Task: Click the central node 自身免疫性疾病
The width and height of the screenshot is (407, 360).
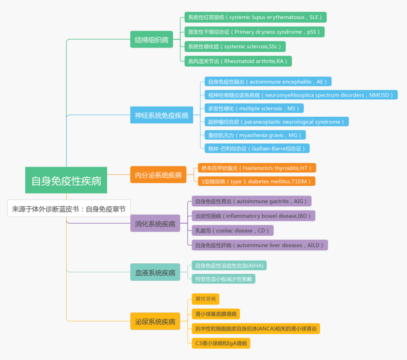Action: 66,180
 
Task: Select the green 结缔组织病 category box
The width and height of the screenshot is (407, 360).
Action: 151,40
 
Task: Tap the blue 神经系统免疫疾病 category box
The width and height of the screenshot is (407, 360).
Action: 162,115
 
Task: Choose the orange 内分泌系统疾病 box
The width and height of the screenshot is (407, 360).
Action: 158,175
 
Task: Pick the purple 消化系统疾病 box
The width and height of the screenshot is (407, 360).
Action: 155,224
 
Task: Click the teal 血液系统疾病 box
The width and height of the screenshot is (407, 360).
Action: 155,272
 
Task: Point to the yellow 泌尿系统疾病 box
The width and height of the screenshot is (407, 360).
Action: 155,321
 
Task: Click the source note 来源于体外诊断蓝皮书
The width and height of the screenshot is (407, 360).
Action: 69,209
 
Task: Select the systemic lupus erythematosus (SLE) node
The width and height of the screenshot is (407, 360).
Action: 255,17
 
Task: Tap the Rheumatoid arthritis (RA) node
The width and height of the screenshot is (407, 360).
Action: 238,61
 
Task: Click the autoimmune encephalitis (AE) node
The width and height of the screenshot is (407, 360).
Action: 268,82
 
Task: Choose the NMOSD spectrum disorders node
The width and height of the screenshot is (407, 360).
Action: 301,95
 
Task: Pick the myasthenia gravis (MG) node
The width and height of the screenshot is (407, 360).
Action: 255,135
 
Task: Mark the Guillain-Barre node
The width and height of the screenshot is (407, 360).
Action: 257,148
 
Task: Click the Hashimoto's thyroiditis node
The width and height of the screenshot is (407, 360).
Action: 257,168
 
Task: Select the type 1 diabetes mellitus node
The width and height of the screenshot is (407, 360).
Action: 256,181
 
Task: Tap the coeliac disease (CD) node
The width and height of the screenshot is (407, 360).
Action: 233,230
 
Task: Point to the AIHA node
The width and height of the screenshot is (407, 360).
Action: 229,265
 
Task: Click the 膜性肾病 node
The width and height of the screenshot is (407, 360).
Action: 205,299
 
